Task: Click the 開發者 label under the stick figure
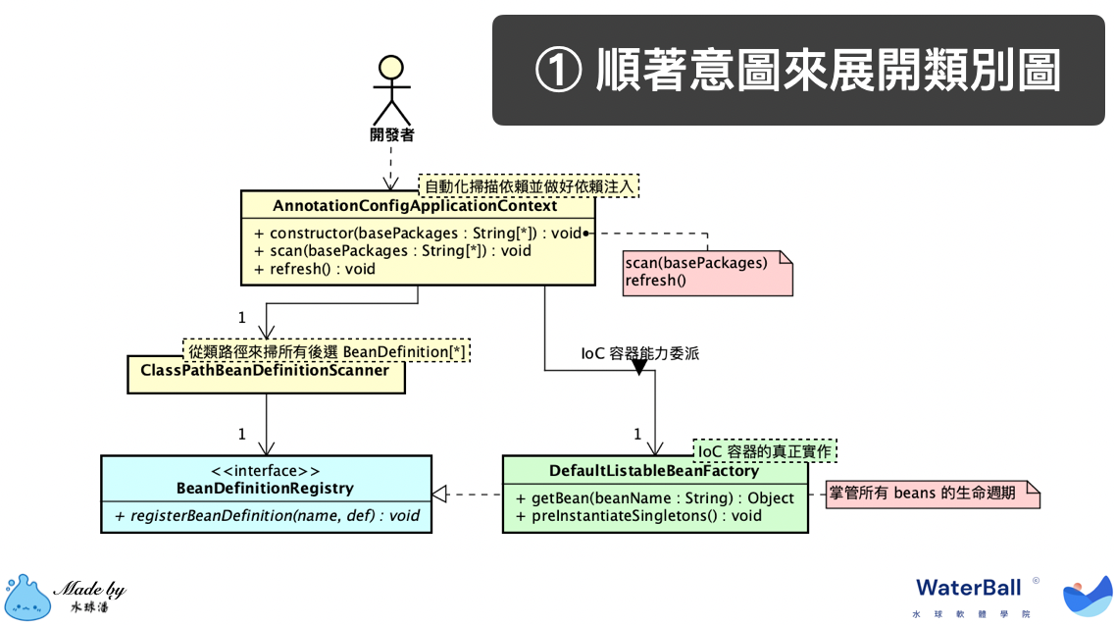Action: click(391, 134)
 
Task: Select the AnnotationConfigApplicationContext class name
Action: click(415, 206)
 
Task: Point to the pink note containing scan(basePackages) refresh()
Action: click(706, 273)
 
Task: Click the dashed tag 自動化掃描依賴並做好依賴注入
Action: click(529, 184)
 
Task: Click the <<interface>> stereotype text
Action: click(265, 471)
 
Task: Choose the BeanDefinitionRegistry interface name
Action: click(265, 488)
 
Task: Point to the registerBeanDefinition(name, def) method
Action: click(268, 515)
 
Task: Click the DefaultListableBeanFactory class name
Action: click(654, 471)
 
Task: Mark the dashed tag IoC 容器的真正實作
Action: click(765, 451)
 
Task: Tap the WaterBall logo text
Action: click(968, 587)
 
